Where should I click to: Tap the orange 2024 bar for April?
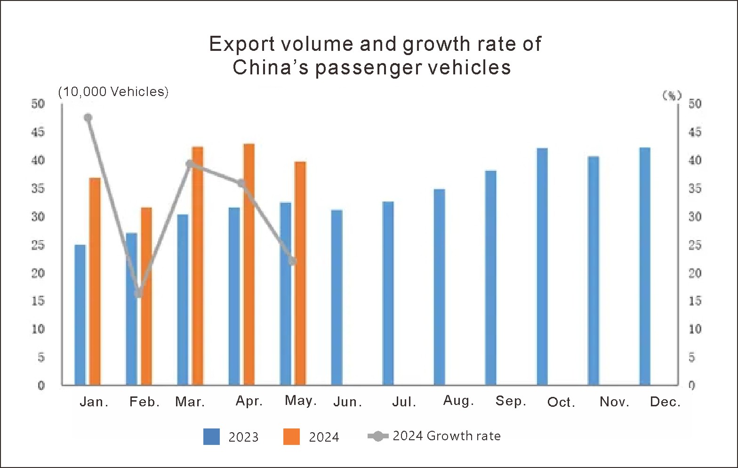249,264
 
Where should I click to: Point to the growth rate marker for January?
88,118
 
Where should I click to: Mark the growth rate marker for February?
138,293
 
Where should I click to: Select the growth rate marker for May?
292,261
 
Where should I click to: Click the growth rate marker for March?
190,164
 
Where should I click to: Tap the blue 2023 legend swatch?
211,436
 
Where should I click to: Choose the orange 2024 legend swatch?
291,436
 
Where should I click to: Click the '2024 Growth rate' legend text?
446,436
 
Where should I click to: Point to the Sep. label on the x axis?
511,401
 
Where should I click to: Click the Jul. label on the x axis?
404,402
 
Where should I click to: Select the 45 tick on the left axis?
38,132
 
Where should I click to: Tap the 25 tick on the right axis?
695,245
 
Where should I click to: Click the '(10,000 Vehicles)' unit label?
113,91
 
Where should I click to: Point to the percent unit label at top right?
672,96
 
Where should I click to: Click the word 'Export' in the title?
241,44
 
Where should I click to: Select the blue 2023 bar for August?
439,287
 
